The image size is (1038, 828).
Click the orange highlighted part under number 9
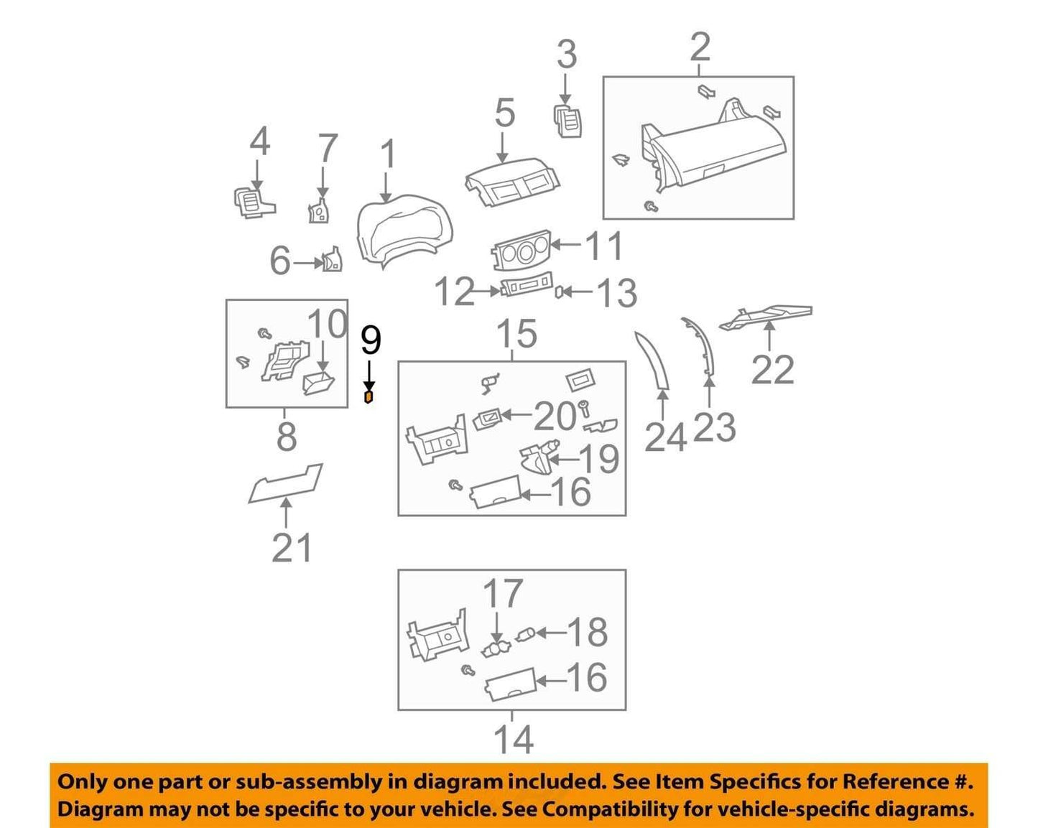pos(369,397)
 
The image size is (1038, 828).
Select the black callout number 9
pos(371,340)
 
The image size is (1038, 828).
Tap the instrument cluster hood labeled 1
pos(404,230)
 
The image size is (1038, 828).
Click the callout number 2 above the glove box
pos(700,47)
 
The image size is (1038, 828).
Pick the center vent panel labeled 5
pos(511,182)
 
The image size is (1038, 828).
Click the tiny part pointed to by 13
pos(559,292)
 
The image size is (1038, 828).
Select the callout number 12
pos(455,291)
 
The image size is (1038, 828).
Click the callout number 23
pos(714,427)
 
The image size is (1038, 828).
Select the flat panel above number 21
pos(286,484)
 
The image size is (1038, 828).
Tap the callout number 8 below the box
pos(287,437)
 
